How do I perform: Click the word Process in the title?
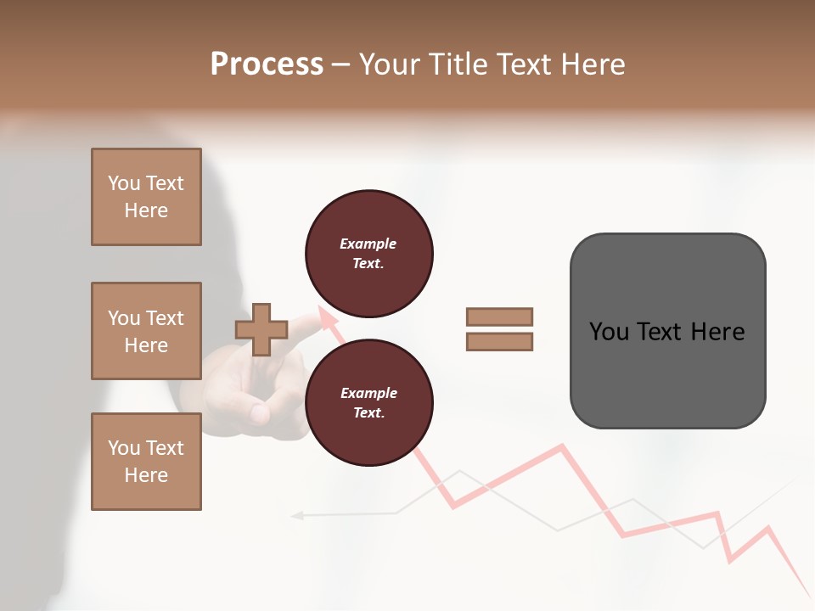[267, 64]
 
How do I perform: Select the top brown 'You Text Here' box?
[146, 197]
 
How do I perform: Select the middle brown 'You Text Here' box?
[146, 331]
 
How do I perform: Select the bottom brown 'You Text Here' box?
[146, 462]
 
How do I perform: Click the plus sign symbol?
[261, 329]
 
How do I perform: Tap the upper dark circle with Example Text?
[368, 254]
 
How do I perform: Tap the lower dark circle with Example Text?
[368, 403]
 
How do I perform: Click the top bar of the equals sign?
[499, 317]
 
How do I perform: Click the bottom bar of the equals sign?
[499, 342]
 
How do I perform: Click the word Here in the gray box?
[718, 331]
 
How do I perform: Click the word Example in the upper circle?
[368, 244]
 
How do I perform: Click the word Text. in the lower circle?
[368, 413]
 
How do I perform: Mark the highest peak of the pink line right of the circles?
[561, 446]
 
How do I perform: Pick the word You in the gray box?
[609, 331]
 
